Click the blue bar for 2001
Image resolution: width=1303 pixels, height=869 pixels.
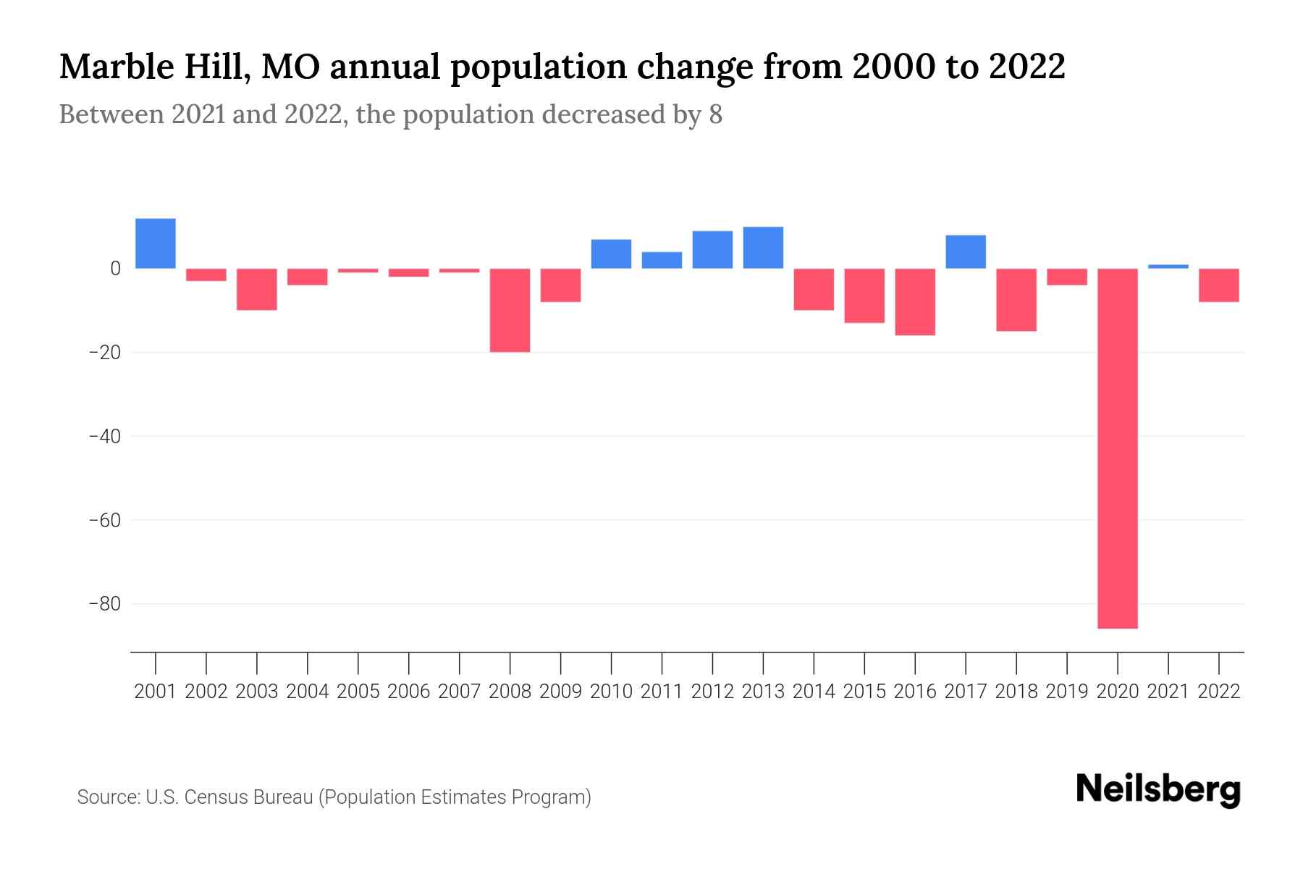tap(156, 243)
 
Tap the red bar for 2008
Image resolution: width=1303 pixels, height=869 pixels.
tap(510, 310)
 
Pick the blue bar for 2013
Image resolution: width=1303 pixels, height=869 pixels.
tap(763, 248)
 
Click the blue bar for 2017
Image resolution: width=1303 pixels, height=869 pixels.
tap(966, 252)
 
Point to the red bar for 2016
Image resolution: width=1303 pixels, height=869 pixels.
tap(915, 301)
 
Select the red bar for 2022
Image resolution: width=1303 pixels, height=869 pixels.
tap(1219, 285)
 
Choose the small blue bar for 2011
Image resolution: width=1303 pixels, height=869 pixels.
tap(662, 260)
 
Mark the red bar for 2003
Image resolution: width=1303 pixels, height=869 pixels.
tap(257, 289)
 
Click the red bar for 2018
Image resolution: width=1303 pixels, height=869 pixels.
tap(1016, 299)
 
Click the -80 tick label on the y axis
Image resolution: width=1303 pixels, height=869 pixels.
tap(104, 604)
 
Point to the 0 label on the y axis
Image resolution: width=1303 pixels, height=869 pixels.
tap(115, 269)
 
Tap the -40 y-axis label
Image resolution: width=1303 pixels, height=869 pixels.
tap(104, 437)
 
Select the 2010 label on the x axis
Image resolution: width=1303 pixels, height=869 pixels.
tap(611, 692)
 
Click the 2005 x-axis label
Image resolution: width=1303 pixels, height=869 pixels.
tap(358, 692)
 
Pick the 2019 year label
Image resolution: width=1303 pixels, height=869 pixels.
tap(1067, 692)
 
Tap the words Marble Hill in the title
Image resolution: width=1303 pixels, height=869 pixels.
tap(154, 67)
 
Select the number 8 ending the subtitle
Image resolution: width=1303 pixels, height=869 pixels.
tap(715, 115)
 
